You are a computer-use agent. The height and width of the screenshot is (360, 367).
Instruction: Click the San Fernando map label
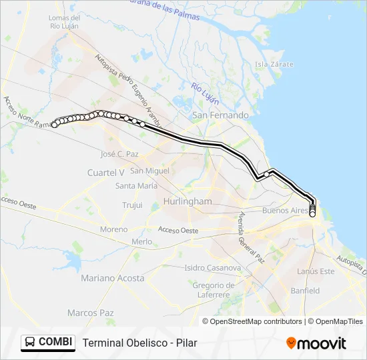(x=220, y=115)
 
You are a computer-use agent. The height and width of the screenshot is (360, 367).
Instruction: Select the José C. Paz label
(x=119, y=154)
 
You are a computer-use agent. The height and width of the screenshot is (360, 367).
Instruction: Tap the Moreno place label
(x=113, y=229)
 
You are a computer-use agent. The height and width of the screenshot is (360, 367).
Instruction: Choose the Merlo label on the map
(x=141, y=241)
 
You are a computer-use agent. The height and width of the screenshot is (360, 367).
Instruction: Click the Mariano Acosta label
(x=112, y=277)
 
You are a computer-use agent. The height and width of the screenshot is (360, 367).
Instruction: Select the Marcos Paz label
(x=90, y=313)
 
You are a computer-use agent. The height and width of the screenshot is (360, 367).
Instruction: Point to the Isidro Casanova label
(x=213, y=268)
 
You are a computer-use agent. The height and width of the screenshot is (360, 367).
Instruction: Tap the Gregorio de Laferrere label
(x=212, y=290)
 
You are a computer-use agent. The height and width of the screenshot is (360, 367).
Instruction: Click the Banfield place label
(x=305, y=291)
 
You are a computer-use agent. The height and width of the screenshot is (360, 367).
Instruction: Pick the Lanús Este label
(x=316, y=271)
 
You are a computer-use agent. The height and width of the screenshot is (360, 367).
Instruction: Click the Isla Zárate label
(x=271, y=65)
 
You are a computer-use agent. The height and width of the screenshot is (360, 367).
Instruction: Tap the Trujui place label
(x=132, y=205)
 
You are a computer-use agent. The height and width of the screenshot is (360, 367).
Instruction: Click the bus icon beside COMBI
(x=30, y=342)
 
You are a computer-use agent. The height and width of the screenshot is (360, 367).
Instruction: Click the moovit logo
(x=316, y=343)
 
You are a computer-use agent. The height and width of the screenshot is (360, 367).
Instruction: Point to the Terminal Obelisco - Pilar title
(x=140, y=343)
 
